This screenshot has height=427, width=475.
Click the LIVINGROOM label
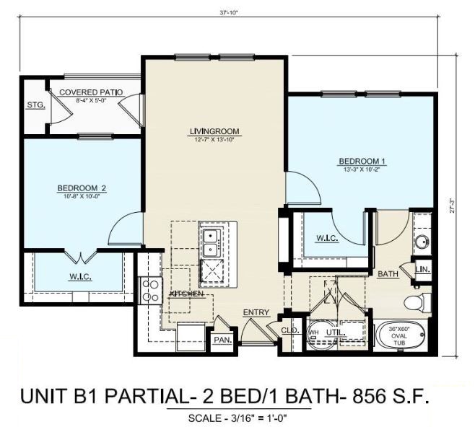(x=214, y=131)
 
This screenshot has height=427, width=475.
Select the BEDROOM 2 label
(x=82, y=189)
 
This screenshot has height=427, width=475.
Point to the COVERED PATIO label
(x=90, y=92)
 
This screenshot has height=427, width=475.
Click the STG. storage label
(x=35, y=105)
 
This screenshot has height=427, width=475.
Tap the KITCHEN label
(x=186, y=294)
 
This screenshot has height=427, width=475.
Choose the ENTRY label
(x=256, y=312)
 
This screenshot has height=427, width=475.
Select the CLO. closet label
(x=289, y=330)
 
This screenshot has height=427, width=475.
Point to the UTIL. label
(x=336, y=332)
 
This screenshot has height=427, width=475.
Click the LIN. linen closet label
(x=424, y=270)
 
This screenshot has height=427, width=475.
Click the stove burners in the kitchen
(x=150, y=290)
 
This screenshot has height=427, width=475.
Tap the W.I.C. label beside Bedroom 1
(x=327, y=238)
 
